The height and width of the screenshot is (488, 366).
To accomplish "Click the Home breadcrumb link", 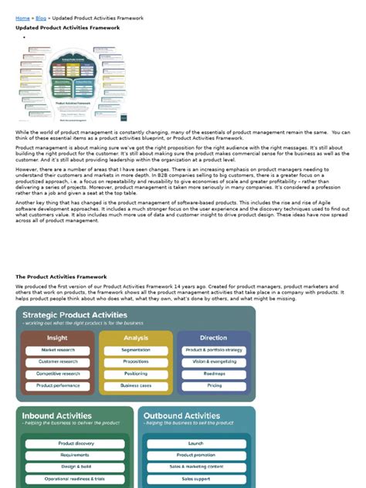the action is coord(22,17).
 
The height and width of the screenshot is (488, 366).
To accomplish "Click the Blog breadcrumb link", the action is coord(41,17).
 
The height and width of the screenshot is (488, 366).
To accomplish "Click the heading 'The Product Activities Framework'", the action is coord(61,276).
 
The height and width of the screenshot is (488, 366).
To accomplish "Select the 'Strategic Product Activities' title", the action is coord(75,315).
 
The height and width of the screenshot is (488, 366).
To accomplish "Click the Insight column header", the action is coord(56,337).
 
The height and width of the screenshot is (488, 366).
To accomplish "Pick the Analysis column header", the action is coord(135,337).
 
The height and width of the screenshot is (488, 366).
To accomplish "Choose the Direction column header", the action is coord(214,337).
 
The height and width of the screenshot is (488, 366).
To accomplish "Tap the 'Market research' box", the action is coord(58,350).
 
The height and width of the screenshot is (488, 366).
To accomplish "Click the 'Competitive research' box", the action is coord(58,373).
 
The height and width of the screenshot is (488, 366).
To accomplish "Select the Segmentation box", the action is coord(136,350).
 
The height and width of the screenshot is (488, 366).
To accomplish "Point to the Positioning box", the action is coord(136,373).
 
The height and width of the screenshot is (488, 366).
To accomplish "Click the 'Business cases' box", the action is coord(136,385).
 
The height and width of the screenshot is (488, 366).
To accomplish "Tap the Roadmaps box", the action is coord(214,373).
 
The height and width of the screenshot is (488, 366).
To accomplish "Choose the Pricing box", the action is coord(214,385).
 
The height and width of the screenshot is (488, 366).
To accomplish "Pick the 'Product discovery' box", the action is coord(76,444).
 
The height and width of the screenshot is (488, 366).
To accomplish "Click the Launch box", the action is coord(195,444).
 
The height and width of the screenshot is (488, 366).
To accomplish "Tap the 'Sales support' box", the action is coord(195,479).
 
